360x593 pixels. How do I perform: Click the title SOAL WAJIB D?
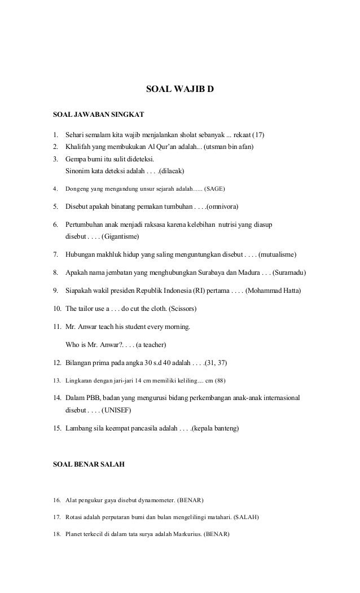(180, 89)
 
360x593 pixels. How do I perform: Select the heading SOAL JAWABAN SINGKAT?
(98, 115)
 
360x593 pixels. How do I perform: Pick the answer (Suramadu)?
(288, 273)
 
